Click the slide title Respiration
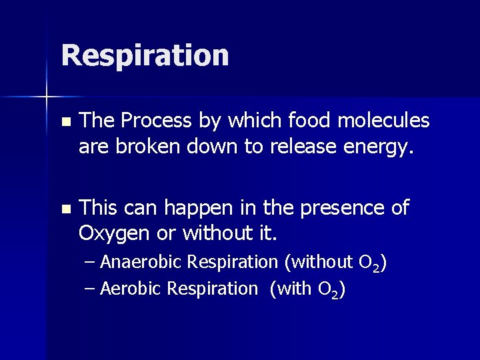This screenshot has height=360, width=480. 145,55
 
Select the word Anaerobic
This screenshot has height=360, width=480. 141,262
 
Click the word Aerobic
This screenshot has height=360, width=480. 131,289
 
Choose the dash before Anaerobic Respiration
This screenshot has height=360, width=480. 91,263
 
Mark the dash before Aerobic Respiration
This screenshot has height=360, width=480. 91,289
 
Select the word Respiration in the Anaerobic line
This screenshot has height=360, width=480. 232,263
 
